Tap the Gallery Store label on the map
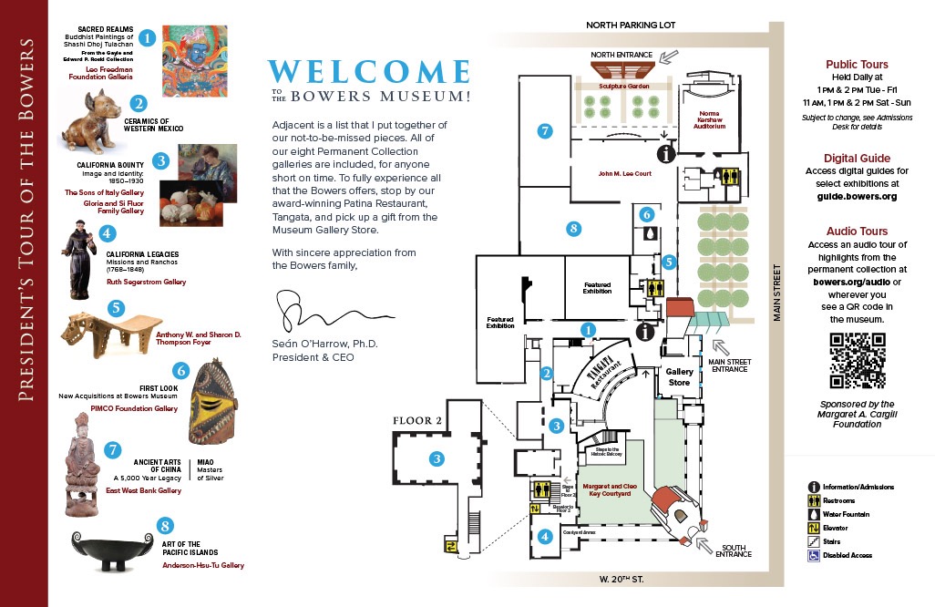coord(679,377)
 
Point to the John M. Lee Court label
coord(624,173)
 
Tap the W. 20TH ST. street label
coord(624,580)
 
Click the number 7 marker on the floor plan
coord(545,131)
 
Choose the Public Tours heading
coord(856,65)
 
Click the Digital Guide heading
coord(856,157)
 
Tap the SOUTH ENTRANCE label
coord(733,550)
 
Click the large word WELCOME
coord(368,73)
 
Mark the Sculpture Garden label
coord(622,85)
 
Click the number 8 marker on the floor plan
coord(573,227)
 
